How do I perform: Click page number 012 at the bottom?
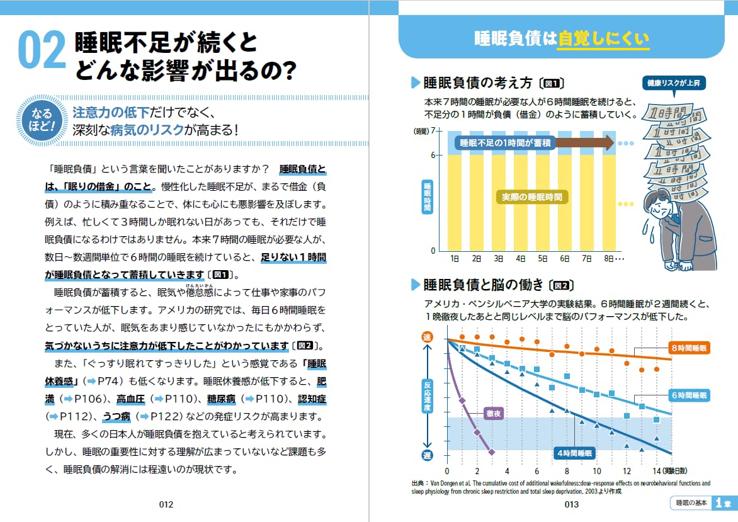click(166, 504)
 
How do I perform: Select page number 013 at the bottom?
click(571, 504)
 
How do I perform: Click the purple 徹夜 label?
click(493, 414)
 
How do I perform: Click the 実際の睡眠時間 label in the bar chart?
click(531, 197)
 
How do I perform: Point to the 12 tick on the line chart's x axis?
click(627, 471)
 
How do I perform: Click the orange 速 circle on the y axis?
click(426, 338)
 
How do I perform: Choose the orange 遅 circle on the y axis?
click(426, 455)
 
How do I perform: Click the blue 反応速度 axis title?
click(426, 397)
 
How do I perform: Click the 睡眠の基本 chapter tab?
click(691, 503)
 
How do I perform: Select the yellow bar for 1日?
click(455, 201)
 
